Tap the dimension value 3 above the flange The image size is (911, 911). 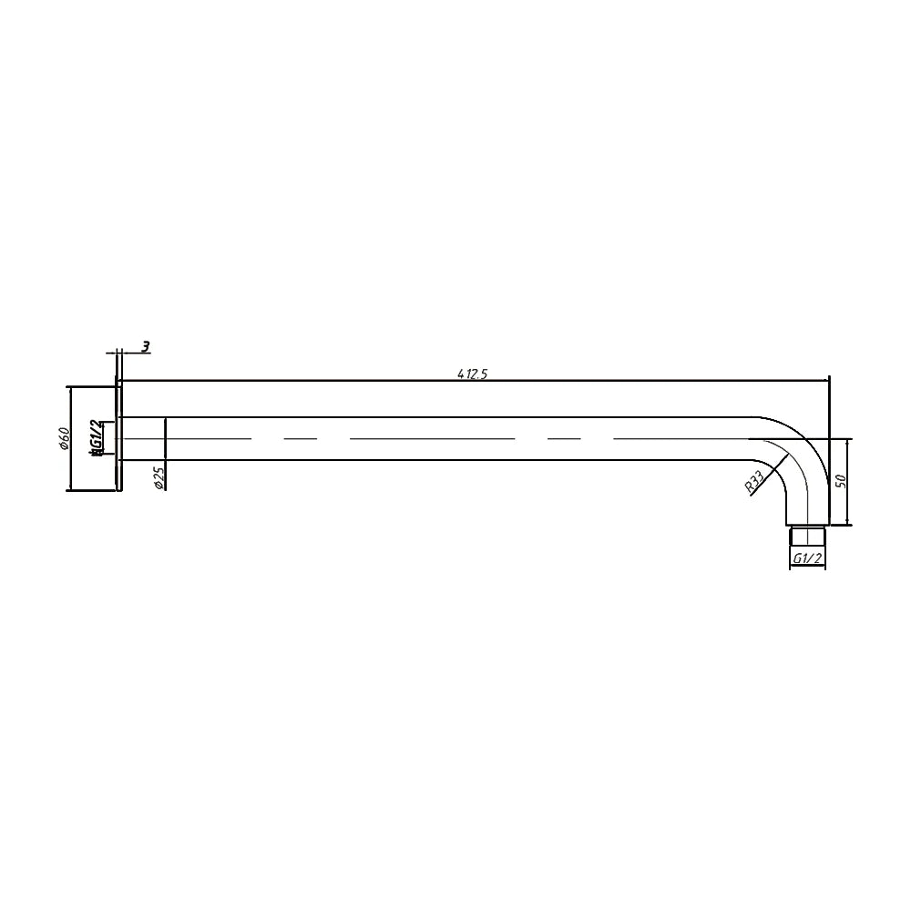[146, 346]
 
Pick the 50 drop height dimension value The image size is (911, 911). [842, 481]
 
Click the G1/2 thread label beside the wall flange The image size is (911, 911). [96, 438]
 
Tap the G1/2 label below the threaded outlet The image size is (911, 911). [807, 558]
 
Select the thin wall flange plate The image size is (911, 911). [118, 438]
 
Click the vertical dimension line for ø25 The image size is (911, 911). [165, 438]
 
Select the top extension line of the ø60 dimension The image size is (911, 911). [91, 386]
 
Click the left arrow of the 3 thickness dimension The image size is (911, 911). [112, 351]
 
